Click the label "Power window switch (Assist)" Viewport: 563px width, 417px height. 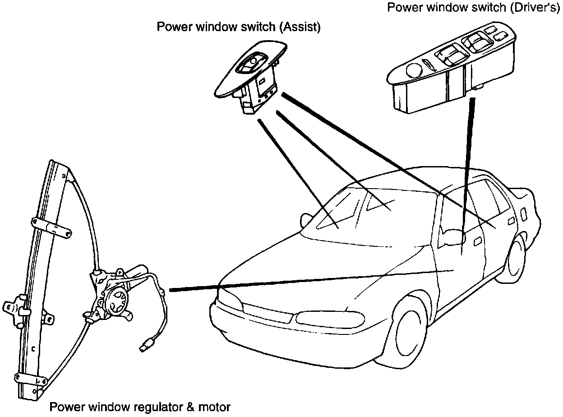tap(238, 27)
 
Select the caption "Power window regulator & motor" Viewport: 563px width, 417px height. tap(140, 408)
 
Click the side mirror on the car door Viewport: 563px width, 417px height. tap(454, 236)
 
